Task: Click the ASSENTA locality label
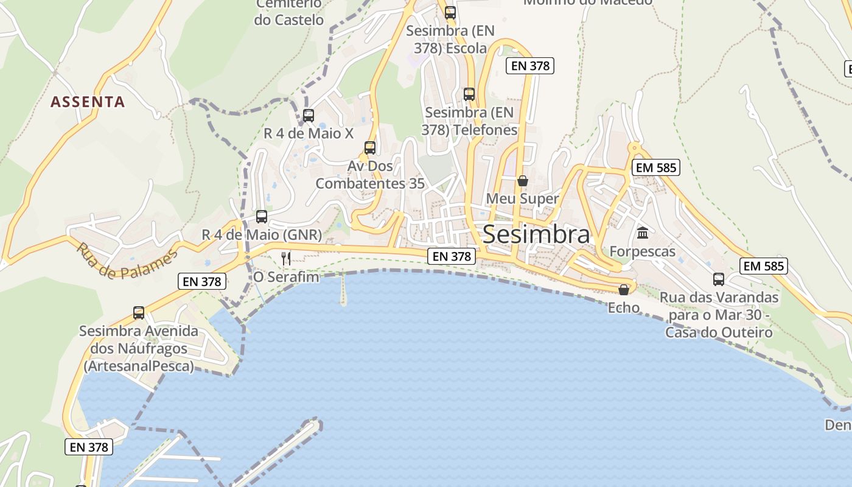click(88, 102)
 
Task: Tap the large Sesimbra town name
click(536, 234)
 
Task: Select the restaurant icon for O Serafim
click(286, 259)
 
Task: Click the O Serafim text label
click(286, 278)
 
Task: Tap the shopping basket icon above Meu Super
click(522, 181)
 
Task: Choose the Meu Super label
click(522, 199)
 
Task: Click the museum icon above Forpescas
click(642, 233)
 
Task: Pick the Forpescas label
click(642, 251)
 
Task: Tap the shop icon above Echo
click(624, 289)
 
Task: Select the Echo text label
click(624, 307)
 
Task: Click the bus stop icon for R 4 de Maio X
click(309, 115)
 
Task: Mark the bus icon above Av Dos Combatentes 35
click(370, 147)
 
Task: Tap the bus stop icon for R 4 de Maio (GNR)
click(262, 216)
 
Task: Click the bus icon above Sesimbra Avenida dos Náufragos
click(139, 313)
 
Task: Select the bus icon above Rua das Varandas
click(719, 279)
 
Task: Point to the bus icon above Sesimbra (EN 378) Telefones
click(469, 94)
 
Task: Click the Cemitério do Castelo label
click(289, 12)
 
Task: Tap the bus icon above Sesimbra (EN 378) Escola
click(450, 12)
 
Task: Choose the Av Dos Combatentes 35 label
click(370, 175)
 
